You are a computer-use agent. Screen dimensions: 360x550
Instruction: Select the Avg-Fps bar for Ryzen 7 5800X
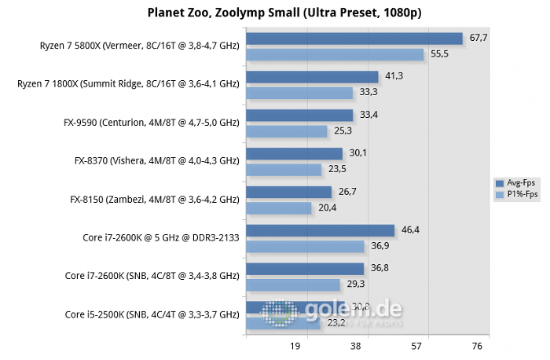point(354,39)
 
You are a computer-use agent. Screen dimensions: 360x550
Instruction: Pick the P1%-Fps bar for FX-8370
point(284,169)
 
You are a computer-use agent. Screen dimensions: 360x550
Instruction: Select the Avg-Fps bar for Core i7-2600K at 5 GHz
point(320,230)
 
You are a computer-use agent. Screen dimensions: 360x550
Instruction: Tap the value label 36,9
point(379,246)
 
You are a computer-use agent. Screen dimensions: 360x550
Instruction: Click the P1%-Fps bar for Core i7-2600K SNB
point(293,285)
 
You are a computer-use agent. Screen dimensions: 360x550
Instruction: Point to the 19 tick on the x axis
point(296,346)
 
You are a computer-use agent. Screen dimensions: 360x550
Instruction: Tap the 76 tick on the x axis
point(477,346)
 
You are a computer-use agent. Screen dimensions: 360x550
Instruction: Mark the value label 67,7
point(479,38)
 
